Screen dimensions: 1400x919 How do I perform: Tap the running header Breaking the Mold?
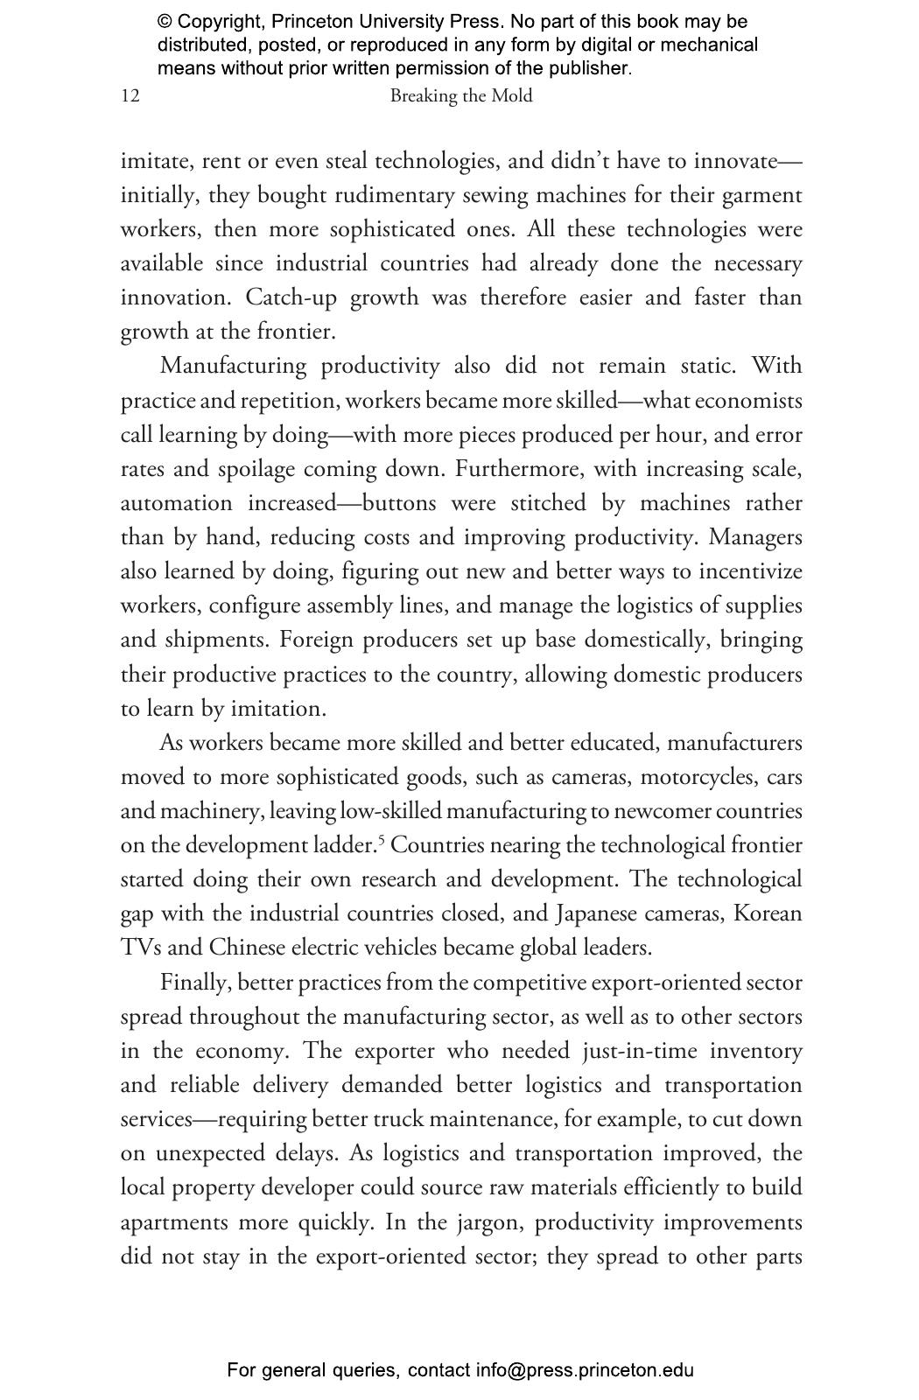[x=460, y=96]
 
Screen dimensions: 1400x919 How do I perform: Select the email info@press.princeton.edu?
[x=585, y=1370]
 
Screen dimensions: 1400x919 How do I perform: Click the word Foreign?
[x=316, y=640]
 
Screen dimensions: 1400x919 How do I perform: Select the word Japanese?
[x=597, y=913]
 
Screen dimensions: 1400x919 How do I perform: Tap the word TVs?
[x=140, y=948]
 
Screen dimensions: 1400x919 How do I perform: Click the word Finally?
[x=195, y=983]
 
